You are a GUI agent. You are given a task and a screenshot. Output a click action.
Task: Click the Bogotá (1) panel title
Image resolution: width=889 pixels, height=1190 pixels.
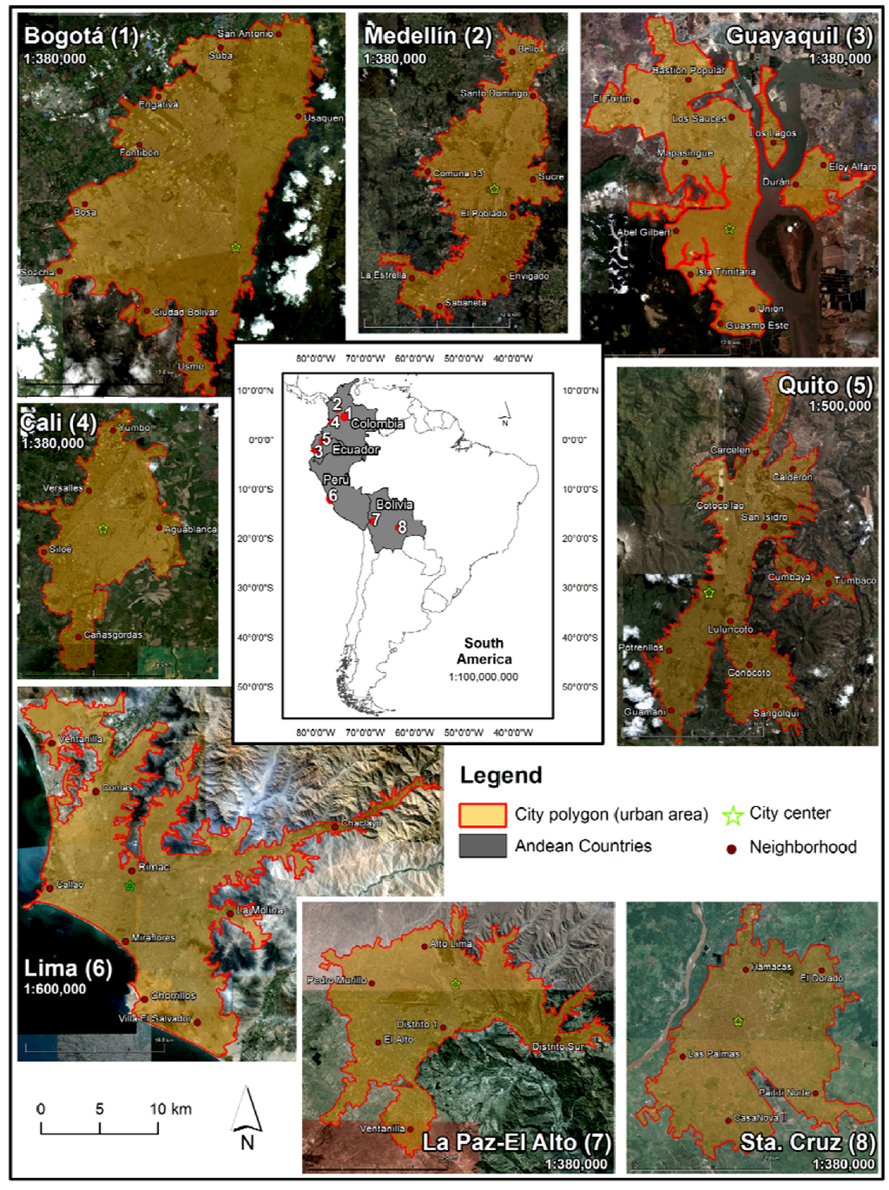click(81, 36)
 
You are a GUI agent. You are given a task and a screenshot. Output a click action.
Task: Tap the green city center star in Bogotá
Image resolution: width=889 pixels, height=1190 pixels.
click(235, 248)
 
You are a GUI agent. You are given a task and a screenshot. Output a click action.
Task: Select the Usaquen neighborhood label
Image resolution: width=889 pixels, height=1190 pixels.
click(324, 118)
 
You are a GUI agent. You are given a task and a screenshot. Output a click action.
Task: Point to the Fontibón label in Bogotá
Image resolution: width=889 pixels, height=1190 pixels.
click(139, 153)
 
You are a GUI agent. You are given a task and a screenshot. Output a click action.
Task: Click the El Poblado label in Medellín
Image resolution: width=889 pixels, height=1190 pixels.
click(484, 214)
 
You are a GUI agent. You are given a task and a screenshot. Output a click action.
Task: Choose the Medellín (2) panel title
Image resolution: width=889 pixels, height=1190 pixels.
click(427, 36)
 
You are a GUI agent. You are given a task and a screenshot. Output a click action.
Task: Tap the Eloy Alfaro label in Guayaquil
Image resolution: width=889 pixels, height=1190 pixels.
click(852, 167)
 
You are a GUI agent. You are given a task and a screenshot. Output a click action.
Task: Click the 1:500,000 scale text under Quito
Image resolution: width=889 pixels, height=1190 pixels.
click(839, 407)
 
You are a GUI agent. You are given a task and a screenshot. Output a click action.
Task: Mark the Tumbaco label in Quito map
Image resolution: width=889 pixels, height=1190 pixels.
click(854, 580)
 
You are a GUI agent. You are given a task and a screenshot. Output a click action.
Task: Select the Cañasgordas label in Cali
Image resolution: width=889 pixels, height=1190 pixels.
click(113, 635)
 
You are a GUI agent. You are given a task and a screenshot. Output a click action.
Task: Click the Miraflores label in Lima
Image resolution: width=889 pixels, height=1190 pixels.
click(153, 938)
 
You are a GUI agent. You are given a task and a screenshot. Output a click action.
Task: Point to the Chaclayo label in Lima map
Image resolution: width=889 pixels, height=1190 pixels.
click(361, 823)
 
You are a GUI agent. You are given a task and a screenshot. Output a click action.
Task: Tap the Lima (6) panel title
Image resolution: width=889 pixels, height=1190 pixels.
click(68, 968)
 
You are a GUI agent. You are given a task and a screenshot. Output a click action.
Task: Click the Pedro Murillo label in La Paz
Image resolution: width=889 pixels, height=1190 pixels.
click(336, 980)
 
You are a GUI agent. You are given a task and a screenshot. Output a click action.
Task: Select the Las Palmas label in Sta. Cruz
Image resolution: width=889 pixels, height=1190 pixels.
click(714, 1054)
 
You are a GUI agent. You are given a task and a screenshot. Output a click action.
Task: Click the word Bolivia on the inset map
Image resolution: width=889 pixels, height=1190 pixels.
click(394, 505)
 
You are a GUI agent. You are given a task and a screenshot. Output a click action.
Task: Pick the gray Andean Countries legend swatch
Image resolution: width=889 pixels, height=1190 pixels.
click(483, 846)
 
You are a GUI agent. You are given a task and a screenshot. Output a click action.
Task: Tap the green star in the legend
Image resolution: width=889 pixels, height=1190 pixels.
click(733, 815)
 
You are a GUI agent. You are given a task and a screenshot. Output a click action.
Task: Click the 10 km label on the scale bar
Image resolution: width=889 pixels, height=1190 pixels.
click(170, 1109)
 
